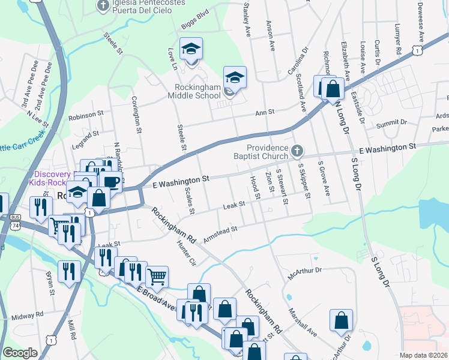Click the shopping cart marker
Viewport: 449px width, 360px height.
pyautogui.click(x=157, y=277)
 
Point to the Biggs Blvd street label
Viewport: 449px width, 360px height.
pyautogui.click(x=194, y=27)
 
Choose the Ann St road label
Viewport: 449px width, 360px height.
pyautogui.click(x=264, y=112)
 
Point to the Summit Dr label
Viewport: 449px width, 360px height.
pyautogui.click(x=391, y=124)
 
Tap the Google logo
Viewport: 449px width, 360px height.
pyautogui.click(x=20, y=353)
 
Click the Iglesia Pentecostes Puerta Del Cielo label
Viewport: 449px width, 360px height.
pyautogui.click(x=142, y=7)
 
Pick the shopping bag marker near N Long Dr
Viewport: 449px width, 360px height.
pyautogui.click(x=333, y=88)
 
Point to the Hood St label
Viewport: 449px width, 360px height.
pyautogui.click(x=256, y=188)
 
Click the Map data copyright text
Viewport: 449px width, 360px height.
pyautogui.click(x=423, y=355)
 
